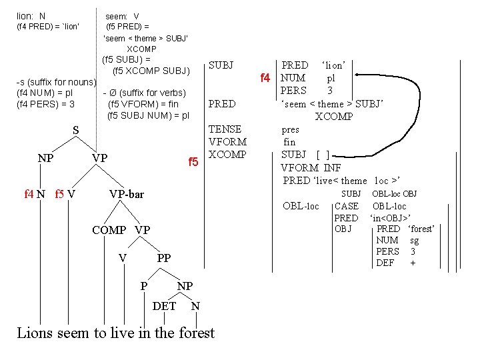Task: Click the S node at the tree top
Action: pos(75,131)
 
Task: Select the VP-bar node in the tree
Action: pos(125,194)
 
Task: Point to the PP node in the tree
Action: pos(164,258)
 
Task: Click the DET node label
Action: pos(165,306)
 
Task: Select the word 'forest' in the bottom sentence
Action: pos(197,333)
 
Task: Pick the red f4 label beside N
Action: pos(29,194)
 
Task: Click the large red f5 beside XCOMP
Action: pos(193,162)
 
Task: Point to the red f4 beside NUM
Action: pos(265,79)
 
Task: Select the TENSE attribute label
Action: pos(225,129)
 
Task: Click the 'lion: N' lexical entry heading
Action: pos(31,15)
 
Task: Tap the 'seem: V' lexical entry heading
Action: pos(122,15)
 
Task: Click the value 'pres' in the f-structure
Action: pos(291,130)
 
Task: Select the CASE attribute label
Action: pos(346,206)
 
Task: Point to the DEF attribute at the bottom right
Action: pos(386,263)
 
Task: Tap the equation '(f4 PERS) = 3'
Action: pos(45,104)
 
